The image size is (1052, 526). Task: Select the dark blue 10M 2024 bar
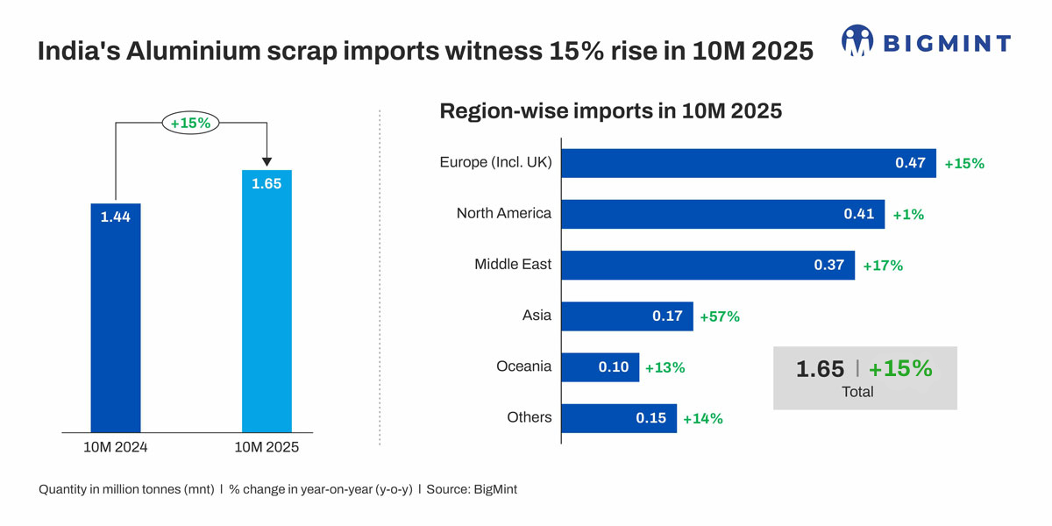click(116, 324)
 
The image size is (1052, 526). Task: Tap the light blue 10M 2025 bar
click(267, 307)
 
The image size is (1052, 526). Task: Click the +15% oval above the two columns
click(190, 124)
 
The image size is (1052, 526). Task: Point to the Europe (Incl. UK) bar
click(748, 163)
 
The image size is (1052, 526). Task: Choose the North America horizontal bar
click(722, 214)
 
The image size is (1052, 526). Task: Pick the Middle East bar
click(707, 265)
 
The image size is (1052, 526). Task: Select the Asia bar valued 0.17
click(627, 316)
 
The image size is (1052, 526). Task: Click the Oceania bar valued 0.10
click(601, 366)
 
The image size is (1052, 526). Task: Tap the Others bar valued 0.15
click(618, 418)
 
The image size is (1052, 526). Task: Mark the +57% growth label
click(720, 316)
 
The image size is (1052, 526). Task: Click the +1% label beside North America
click(908, 214)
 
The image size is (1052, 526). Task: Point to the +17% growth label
click(883, 266)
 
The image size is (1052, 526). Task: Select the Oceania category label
click(523, 366)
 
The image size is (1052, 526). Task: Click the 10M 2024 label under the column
click(116, 447)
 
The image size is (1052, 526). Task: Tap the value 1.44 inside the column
click(115, 217)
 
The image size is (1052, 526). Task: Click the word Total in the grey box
click(857, 392)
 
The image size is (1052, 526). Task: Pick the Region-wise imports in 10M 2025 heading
click(610, 112)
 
